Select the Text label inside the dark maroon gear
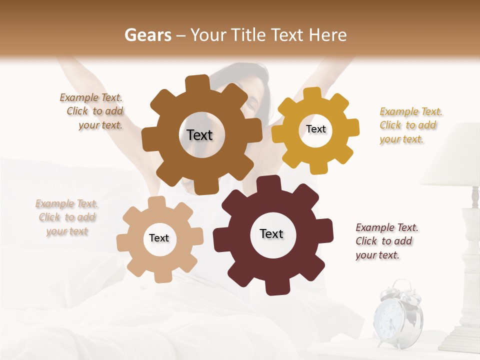coord(271,233)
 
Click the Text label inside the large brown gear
coord(199,135)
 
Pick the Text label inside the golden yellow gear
coord(315,129)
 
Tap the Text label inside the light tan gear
coord(159,238)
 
